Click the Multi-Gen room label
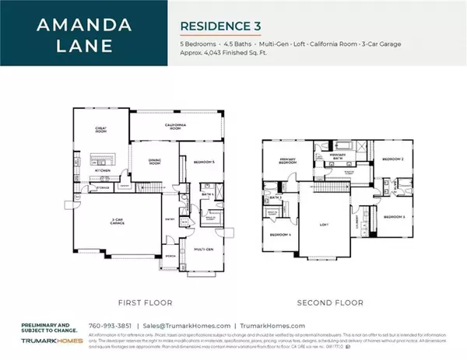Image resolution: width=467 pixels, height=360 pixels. point(204,249)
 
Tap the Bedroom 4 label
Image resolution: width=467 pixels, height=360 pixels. point(280,234)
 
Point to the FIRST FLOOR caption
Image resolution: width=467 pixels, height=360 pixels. point(146,302)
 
